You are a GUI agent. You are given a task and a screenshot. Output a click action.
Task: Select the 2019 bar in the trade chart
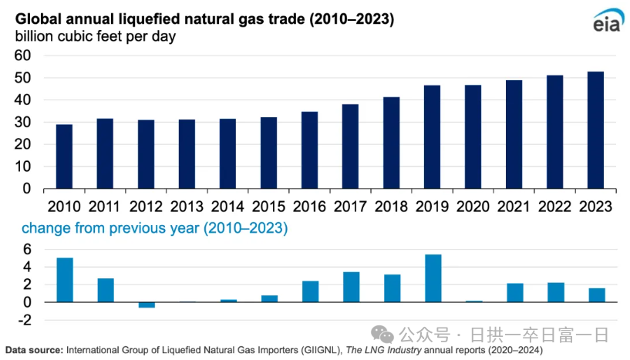(x=432, y=136)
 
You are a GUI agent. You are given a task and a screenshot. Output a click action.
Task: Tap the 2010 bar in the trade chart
(x=64, y=156)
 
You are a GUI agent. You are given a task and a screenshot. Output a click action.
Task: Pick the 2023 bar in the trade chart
(x=595, y=130)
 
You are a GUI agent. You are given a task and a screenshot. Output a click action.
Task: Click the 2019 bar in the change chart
(x=432, y=278)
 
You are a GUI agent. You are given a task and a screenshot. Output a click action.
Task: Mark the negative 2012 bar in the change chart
(x=146, y=304)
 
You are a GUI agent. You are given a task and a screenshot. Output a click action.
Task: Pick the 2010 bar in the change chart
(x=64, y=280)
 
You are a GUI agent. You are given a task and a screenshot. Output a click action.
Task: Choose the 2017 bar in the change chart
(x=350, y=287)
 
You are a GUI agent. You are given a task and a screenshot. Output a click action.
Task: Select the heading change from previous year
(x=154, y=228)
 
